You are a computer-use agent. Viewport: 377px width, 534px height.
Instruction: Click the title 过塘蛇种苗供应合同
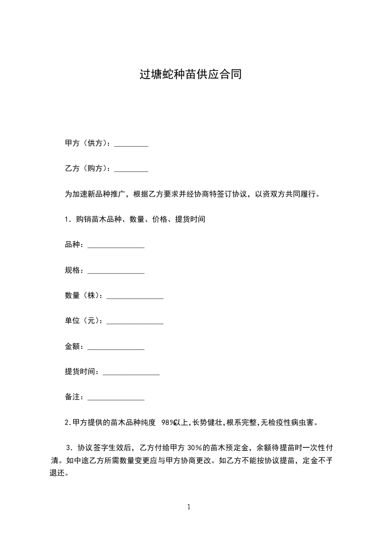[x=190, y=75]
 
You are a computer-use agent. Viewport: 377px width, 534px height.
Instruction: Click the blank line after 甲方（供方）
[x=131, y=144]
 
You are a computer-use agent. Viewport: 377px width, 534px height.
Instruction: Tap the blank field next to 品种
[x=116, y=246]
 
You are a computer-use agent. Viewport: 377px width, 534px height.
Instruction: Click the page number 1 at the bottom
[x=189, y=507]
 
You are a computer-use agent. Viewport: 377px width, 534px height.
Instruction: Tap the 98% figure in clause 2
[x=169, y=423]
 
